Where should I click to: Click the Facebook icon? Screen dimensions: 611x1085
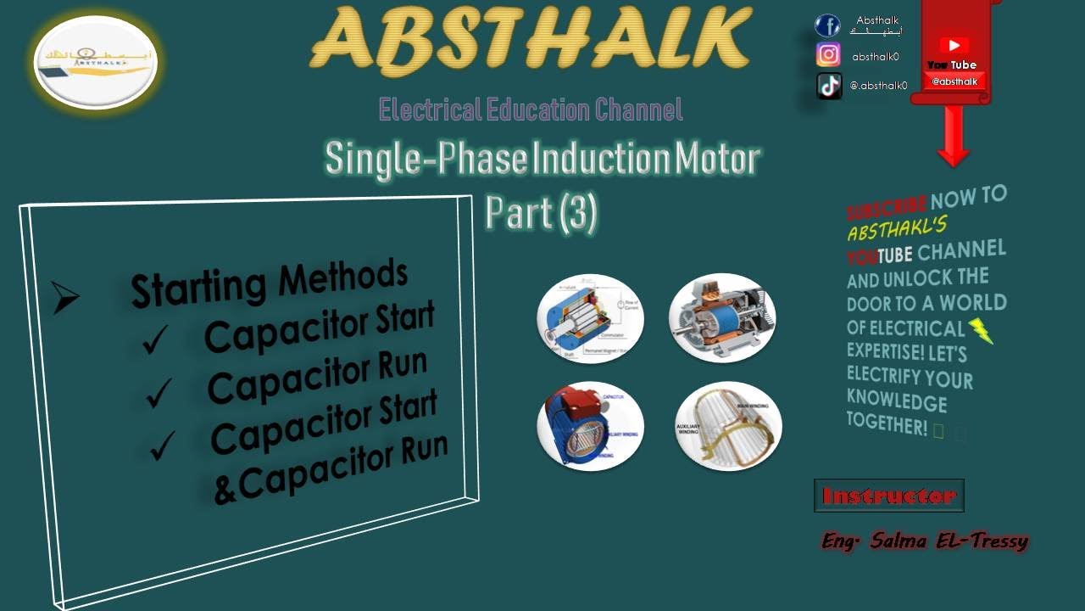827,25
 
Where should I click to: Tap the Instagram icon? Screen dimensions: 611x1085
828,55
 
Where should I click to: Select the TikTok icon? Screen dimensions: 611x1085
829,85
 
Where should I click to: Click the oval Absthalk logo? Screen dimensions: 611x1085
96,62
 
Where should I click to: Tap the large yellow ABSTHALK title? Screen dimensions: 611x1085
531,39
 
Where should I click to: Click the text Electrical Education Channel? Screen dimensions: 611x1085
531,109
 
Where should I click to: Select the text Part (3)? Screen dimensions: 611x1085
542,212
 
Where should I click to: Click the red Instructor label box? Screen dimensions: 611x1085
889,496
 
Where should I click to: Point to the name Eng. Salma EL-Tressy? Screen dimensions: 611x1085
925,541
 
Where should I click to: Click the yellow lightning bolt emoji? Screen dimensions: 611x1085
980,330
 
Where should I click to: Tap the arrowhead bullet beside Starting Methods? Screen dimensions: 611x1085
65,297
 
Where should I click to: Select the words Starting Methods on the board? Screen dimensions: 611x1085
270,283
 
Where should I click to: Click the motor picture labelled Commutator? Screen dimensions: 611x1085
590,319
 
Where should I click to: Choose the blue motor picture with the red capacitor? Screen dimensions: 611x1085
590,426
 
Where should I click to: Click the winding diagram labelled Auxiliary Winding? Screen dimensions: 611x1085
727,426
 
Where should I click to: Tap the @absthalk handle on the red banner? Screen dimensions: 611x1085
954,81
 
